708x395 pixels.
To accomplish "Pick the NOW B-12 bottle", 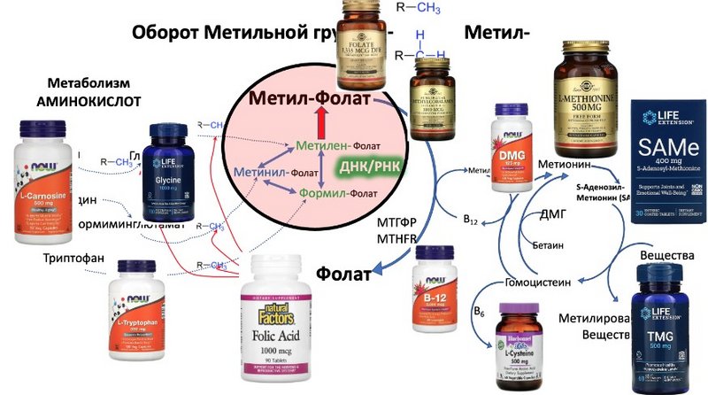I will pos(436,291).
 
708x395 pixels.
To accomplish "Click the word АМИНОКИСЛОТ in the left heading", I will pos(88,101).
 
